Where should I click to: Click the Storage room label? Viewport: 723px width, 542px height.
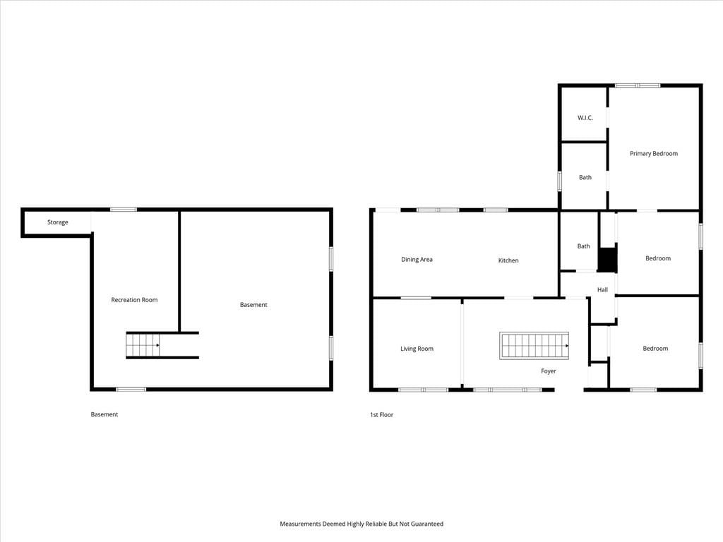(x=58, y=222)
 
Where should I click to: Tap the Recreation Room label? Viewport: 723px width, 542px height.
(x=134, y=299)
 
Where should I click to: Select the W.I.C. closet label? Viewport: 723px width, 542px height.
(x=585, y=118)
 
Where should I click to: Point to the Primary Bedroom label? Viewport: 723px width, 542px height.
(x=654, y=153)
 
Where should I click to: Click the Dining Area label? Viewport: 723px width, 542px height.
(x=417, y=260)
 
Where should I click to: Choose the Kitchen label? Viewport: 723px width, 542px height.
(x=508, y=260)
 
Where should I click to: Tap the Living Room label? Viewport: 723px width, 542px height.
(x=417, y=349)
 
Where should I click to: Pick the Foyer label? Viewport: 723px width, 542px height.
(x=548, y=371)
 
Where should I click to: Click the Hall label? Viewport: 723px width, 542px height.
(x=602, y=289)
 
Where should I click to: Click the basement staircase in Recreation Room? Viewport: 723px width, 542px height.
(x=143, y=345)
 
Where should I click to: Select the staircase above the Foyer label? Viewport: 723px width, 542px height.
(x=534, y=346)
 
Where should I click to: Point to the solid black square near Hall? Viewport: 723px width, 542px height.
(x=607, y=260)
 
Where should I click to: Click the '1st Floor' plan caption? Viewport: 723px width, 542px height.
(x=382, y=415)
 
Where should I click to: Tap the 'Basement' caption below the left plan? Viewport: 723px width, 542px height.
(x=104, y=414)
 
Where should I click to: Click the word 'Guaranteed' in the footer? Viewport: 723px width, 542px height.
(x=427, y=524)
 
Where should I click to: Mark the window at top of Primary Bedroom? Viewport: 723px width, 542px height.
(x=638, y=85)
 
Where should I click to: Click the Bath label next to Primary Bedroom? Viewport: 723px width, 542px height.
(x=585, y=177)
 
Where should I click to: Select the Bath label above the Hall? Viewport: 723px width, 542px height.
(x=584, y=246)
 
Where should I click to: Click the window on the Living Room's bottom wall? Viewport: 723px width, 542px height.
(x=423, y=390)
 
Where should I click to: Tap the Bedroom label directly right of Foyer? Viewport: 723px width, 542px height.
(x=655, y=349)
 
